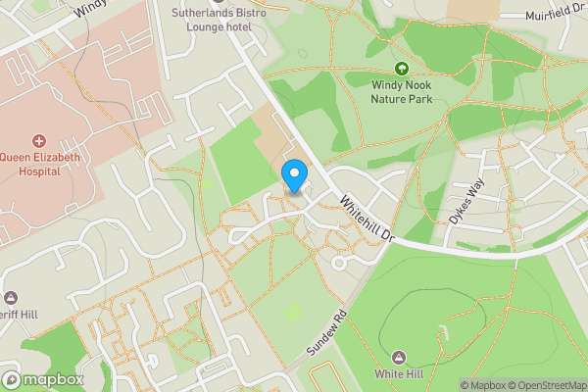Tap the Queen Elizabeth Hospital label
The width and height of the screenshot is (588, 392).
coord(39,163)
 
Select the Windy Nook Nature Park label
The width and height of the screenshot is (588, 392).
coord(401,92)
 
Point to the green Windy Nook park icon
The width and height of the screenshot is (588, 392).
coord(401,68)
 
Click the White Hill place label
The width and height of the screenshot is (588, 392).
coord(400,375)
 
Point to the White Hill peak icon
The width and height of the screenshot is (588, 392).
coord(400,358)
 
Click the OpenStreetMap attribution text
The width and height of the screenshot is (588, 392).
coord(546,385)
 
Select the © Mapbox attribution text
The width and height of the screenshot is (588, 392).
coord(482,385)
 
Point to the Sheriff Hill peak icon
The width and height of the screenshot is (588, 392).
coord(11,297)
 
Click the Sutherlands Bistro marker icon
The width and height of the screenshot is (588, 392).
coord(215,2)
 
